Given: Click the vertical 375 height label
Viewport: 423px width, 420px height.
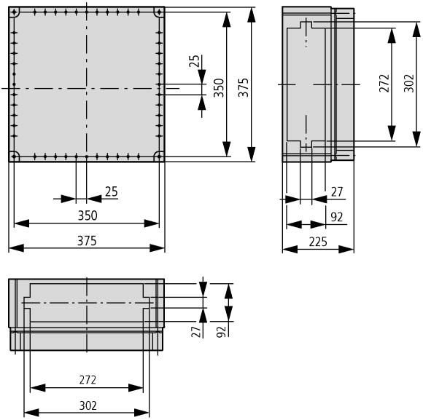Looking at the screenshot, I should (x=243, y=87).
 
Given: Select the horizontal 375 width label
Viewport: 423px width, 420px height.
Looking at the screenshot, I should (x=87, y=240).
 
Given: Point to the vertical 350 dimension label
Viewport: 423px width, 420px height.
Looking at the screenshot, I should (x=219, y=88).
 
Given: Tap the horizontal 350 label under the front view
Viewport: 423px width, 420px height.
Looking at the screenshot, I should (x=87, y=215).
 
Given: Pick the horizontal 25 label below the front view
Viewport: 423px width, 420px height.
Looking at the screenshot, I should (x=111, y=191).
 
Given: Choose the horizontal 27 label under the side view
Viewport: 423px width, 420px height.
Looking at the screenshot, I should (x=337, y=191).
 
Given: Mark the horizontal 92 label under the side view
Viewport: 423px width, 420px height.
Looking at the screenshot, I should (x=337, y=216).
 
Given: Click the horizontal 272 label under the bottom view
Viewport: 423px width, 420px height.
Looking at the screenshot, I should (x=87, y=380).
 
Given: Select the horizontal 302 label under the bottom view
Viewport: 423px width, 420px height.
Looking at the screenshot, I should (x=87, y=405).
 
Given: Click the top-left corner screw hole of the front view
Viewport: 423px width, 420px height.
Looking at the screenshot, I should (x=15, y=13).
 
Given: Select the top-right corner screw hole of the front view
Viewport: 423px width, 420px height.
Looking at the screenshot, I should (x=158, y=13).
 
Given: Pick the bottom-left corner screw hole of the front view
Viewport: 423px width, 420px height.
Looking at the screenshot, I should (x=15, y=156).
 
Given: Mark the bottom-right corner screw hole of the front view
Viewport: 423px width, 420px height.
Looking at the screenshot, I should (x=158, y=156).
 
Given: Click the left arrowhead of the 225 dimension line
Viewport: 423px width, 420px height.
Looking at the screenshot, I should (x=287, y=249).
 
